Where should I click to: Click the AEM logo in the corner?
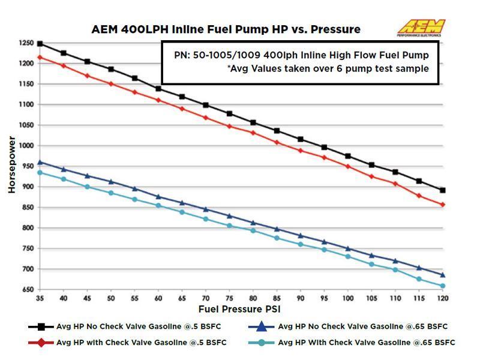[421, 28]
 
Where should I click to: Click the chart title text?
[226, 29]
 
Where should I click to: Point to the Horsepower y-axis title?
[11, 164]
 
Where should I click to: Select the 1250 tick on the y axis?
[26, 44]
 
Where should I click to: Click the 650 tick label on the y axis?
[28, 290]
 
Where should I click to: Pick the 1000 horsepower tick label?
[26, 146]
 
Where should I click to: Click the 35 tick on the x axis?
[40, 298]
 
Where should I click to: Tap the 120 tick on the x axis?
[443, 298]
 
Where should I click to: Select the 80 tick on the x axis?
[253, 298]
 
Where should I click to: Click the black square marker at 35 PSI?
[40, 44]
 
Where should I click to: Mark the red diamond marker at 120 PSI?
[443, 205]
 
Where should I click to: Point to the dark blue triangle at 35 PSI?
[40, 162]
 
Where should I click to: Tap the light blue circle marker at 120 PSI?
[443, 286]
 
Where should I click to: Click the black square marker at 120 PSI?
[443, 190]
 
